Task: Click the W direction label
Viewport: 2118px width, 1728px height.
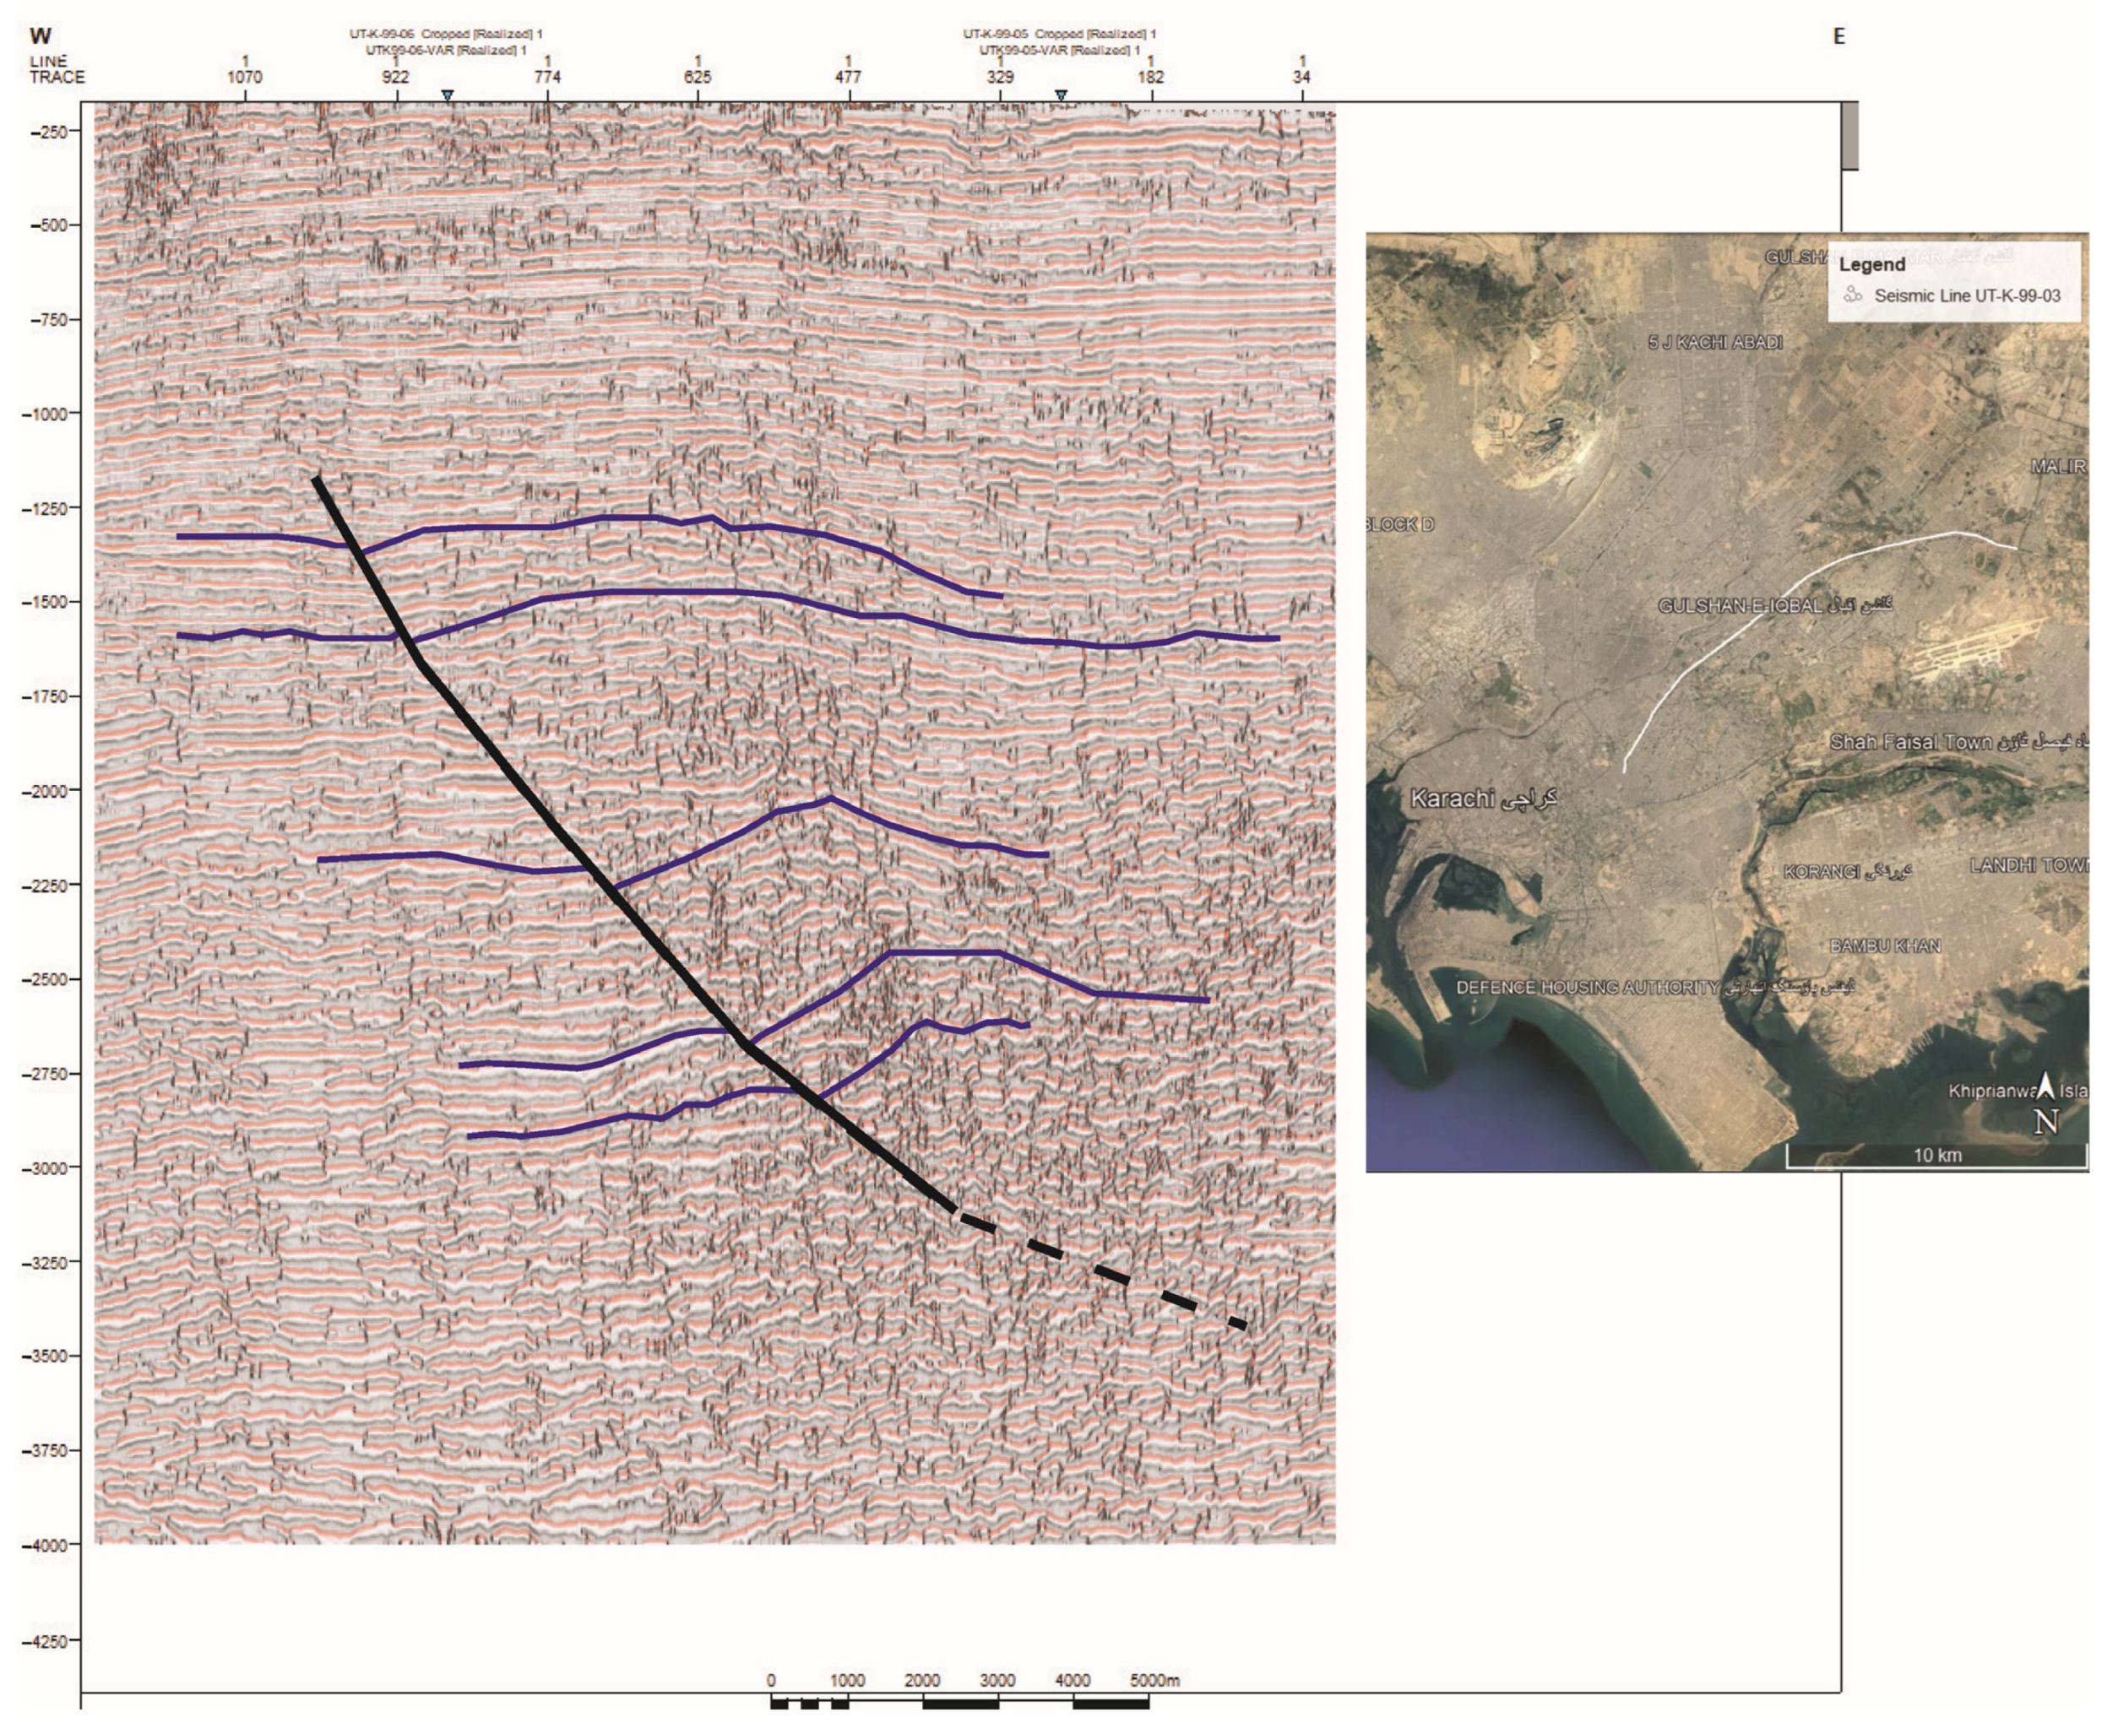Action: point(41,37)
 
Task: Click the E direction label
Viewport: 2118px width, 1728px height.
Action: point(1838,37)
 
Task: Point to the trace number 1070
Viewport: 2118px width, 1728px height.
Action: point(245,77)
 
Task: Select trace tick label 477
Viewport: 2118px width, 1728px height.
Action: point(849,77)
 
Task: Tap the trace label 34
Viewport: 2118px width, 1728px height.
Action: point(1301,77)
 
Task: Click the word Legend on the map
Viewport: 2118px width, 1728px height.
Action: point(1872,265)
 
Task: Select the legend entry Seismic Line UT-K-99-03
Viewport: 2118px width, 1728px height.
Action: point(1967,295)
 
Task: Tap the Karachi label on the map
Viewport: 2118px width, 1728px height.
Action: point(1453,799)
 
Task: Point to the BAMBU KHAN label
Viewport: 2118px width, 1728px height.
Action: point(1885,945)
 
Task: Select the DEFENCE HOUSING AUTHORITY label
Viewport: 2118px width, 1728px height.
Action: point(1588,988)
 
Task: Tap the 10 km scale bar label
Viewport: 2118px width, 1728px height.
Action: point(1936,1156)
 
